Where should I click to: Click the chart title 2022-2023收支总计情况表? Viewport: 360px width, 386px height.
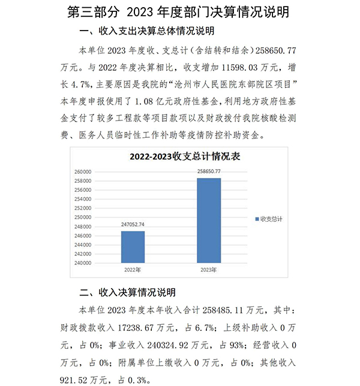click(185, 157)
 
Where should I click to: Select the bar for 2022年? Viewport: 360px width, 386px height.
click(133, 246)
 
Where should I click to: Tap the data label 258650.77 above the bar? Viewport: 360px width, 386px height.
click(209, 171)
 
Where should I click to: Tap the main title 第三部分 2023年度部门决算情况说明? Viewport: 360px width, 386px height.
click(179, 11)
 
